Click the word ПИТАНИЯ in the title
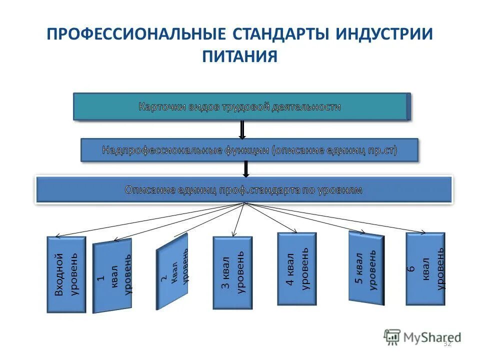(x=240, y=55)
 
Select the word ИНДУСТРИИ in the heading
(x=384, y=34)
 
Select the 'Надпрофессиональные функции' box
(x=249, y=149)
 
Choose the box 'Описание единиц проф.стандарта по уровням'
(x=243, y=189)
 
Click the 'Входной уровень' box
(x=66, y=274)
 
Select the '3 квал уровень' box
(x=232, y=272)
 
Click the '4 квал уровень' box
(x=297, y=268)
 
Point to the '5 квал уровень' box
(x=366, y=267)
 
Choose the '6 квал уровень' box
(x=425, y=268)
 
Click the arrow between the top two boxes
(x=242, y=129)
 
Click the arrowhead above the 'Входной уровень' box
(x=57, y=236)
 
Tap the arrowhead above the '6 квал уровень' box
(x=423, y=232)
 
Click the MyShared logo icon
(x=392, y=336)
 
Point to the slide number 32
(x=447, y=343)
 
